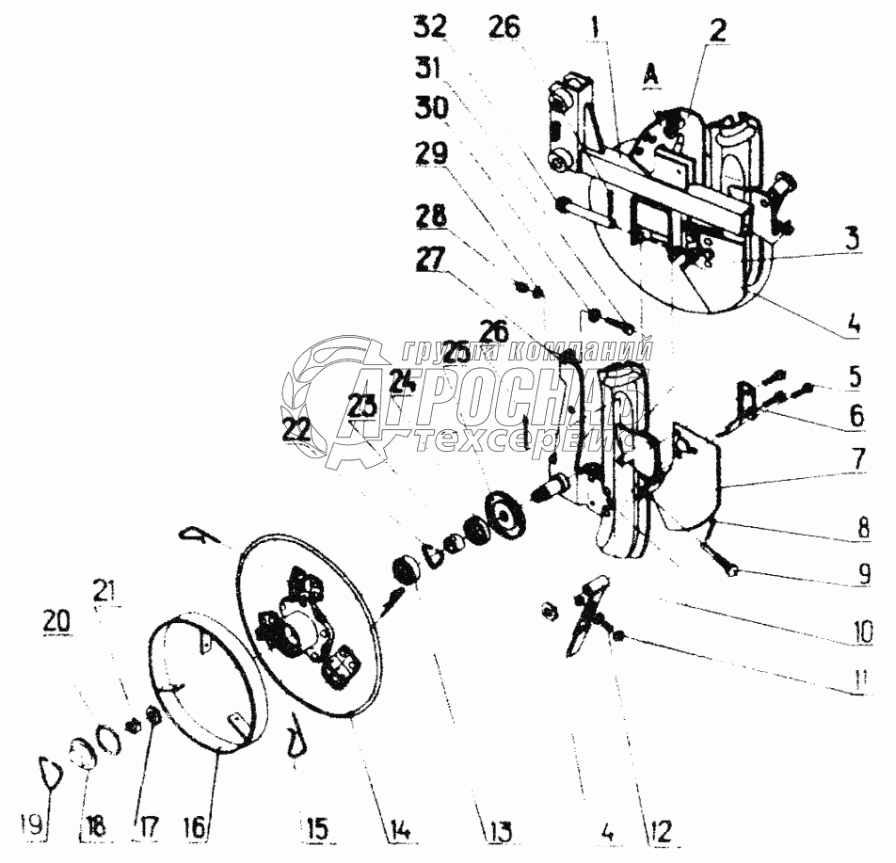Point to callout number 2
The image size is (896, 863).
718,29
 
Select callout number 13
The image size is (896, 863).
498,831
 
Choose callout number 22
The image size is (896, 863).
296,429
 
